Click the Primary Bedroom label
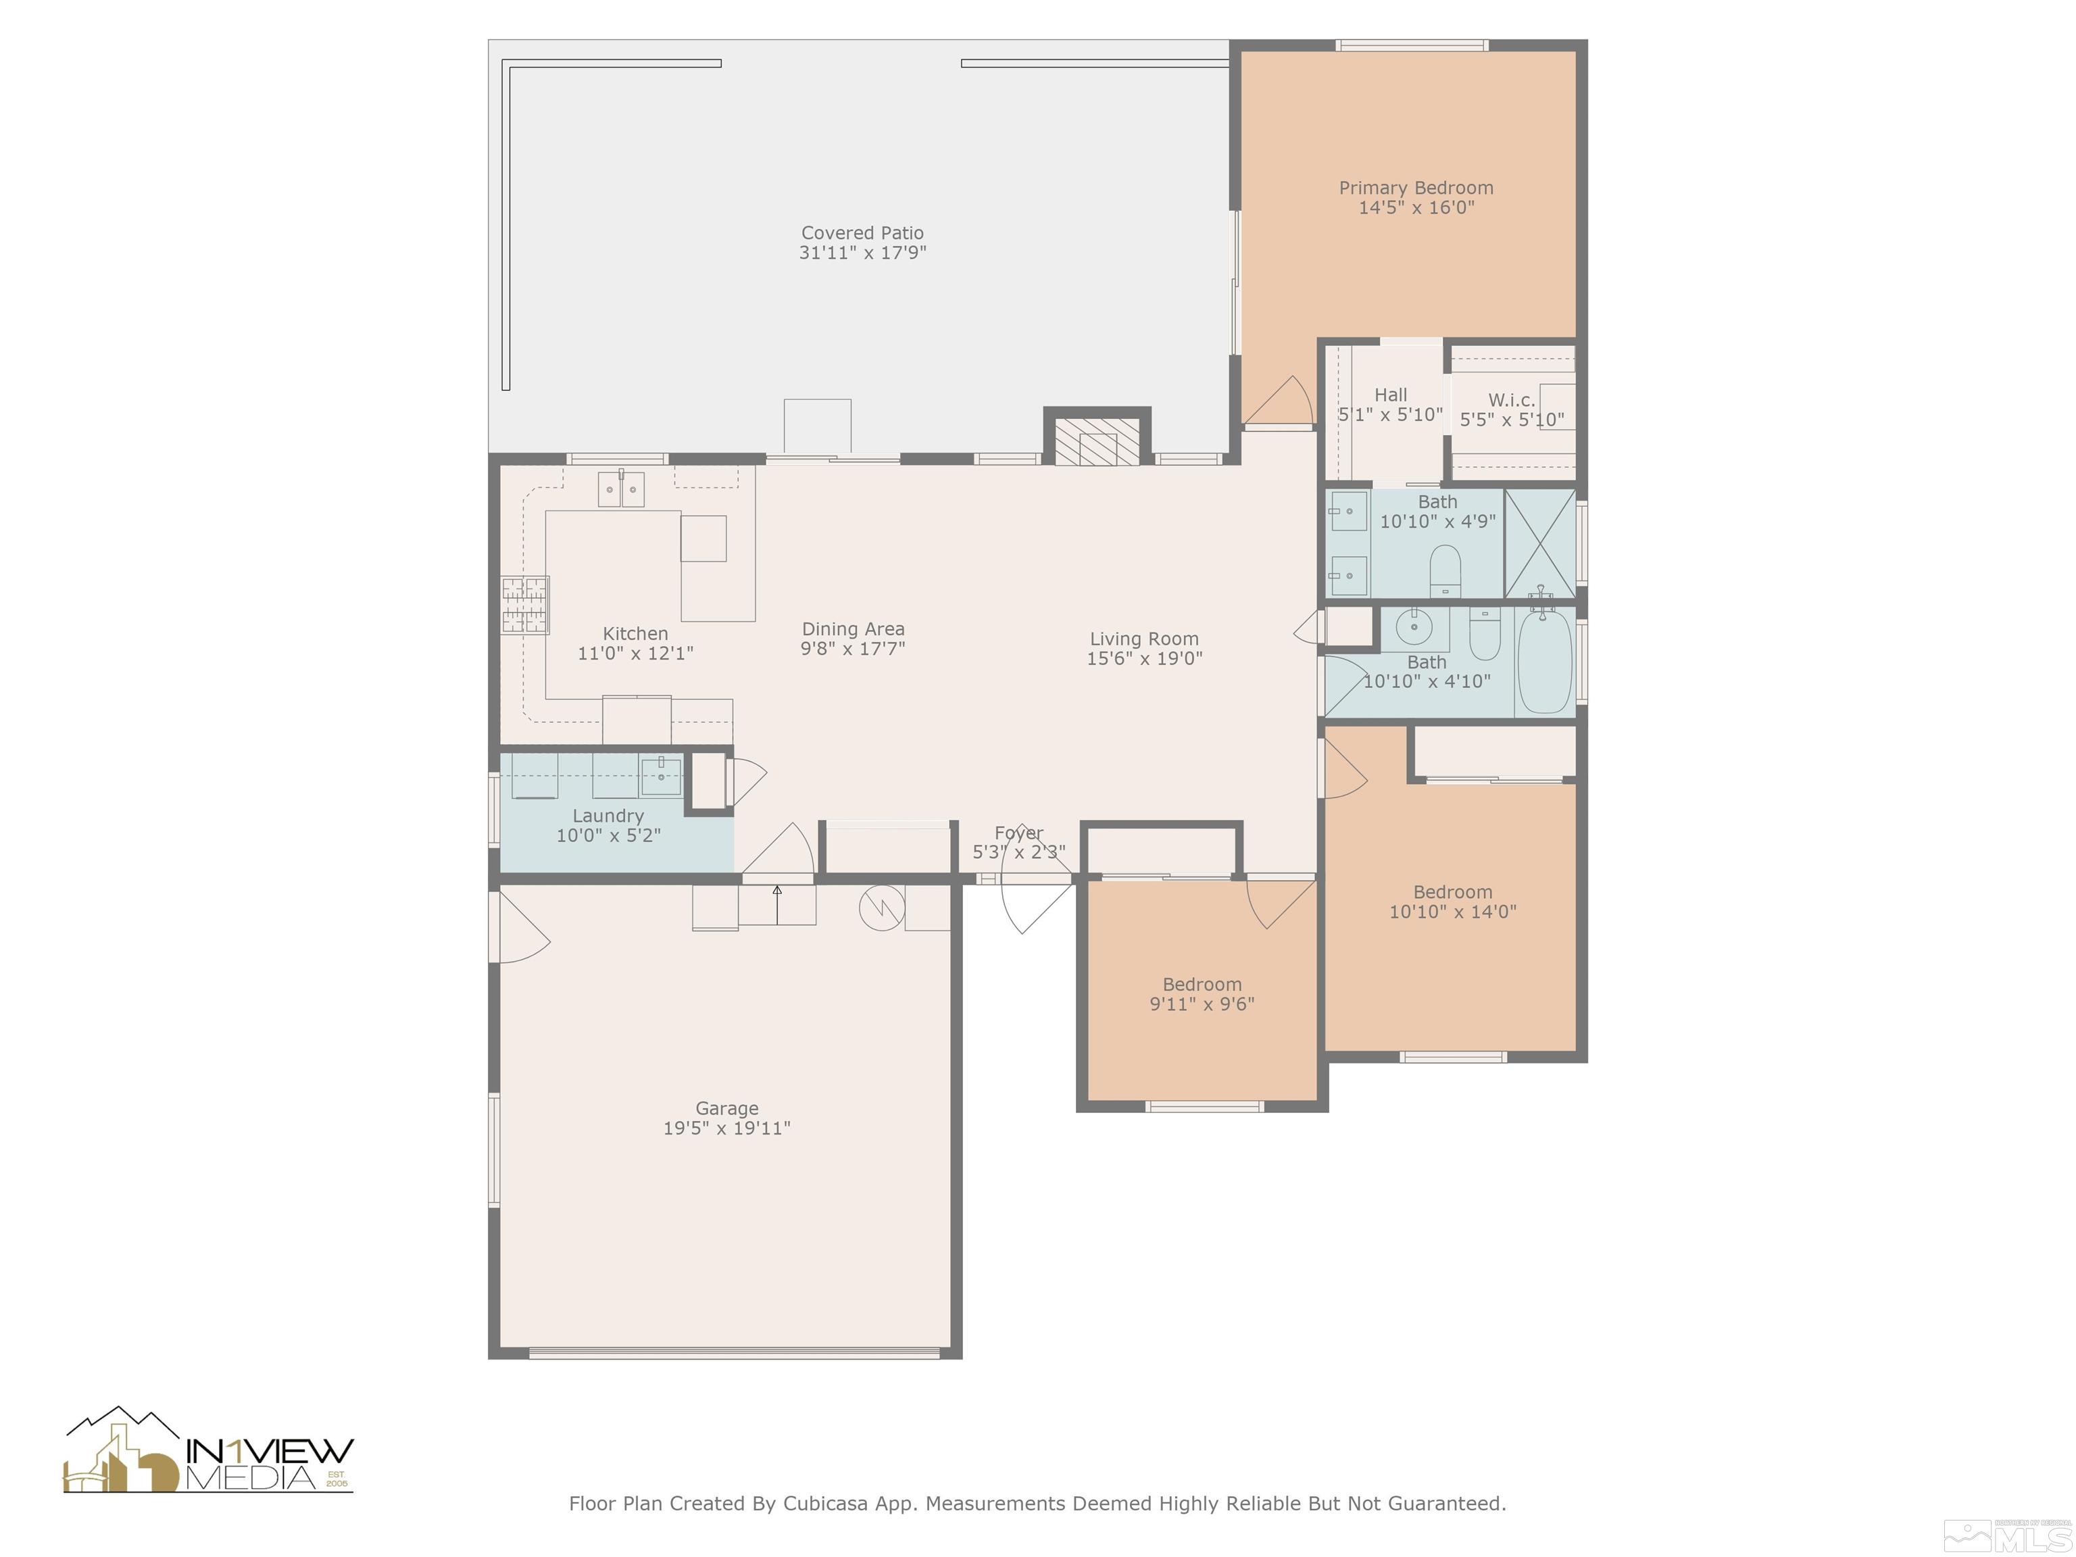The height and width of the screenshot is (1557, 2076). pos(1415,188)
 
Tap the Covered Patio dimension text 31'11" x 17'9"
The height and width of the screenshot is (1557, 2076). pos(862,253)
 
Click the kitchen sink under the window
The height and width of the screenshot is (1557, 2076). pos(621,489)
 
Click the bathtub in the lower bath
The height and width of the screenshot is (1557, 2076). pos(1545,661)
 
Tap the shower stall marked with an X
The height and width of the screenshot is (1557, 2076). pos(1540,543)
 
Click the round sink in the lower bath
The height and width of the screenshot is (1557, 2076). pos(1414,625)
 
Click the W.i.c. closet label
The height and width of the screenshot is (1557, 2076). pos(1511,400)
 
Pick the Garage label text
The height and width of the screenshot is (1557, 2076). pos(726,1108)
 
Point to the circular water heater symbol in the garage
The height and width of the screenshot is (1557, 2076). pos(882,907)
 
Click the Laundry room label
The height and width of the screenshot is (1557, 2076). pos(608,816)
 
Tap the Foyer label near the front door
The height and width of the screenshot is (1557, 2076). pos(1018,833)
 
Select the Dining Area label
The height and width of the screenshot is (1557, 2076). pos(853,628)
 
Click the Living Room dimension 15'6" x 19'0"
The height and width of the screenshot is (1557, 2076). pos(1144,658)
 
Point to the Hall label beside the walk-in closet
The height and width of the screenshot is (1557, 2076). pos(1390,395)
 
